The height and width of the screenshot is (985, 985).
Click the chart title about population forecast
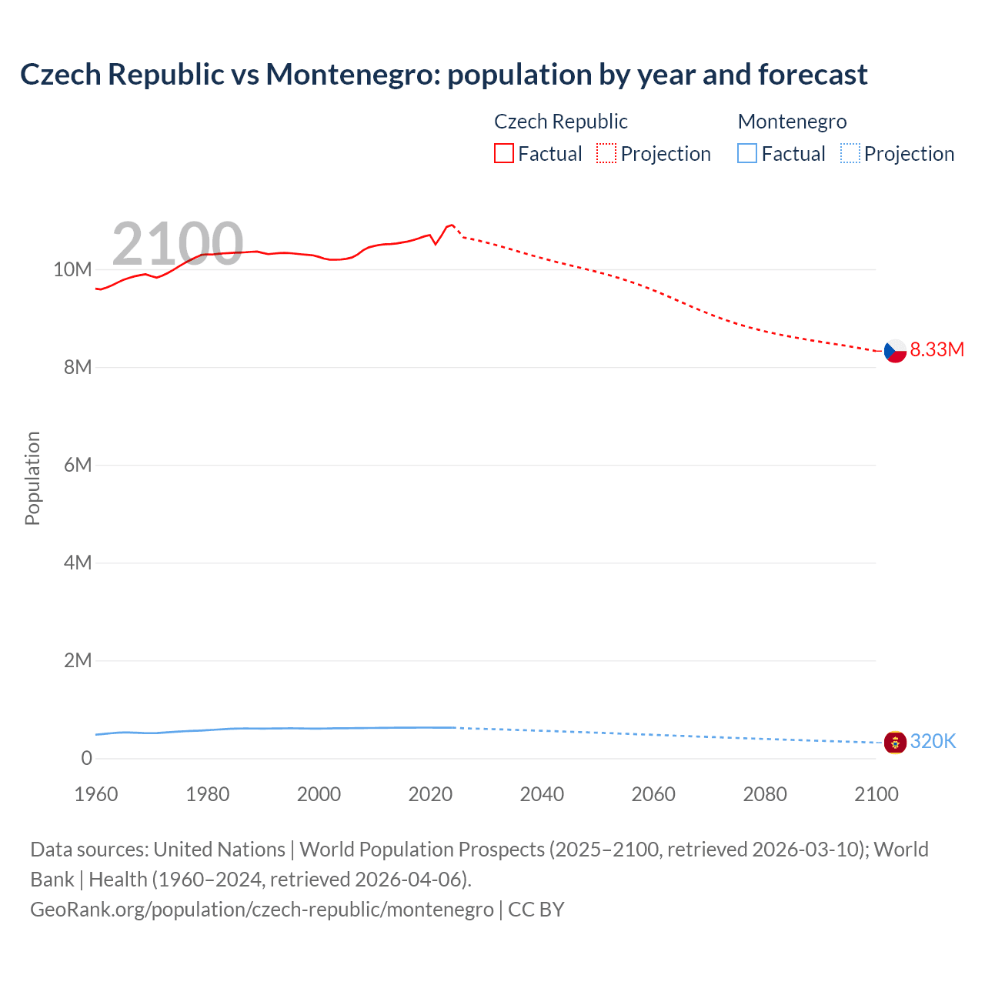click(x=443, y=75)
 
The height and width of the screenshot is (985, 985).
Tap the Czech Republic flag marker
click(x=895, y=351)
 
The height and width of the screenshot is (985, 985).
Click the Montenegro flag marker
click(x=895, y=743)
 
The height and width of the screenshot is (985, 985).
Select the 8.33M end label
click(x=937, y=349)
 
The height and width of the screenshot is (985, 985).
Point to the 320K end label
click(x=933, y=741)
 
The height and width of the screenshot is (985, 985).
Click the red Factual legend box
click(x=504, y=154)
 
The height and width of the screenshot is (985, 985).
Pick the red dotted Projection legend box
click(x=606, y=154)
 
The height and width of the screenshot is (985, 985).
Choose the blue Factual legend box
click(x=747, y=154)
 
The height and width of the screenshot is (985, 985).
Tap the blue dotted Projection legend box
click(x=850, y=154)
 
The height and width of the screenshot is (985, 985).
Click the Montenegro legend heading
click(x=792, y=122)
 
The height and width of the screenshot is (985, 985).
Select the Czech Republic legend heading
click(x=560, y=122)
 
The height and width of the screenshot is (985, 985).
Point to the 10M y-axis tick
click(x=72, y=269)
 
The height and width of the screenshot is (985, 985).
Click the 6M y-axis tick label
click(x=78, y=465)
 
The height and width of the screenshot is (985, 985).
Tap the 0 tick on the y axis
click(x=86, y=758)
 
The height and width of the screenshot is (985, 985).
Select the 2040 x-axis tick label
click(x=542, y=794)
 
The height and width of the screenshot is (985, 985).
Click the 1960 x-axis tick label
click(x=96, y=794)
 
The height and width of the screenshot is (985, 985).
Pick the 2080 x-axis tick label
click(x=765, y=794)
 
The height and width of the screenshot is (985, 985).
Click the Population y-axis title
click(x=32, y=478)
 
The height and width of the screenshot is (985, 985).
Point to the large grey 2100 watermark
click(x=178, y=244)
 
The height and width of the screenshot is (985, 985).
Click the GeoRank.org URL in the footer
click(x=262, y=910)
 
